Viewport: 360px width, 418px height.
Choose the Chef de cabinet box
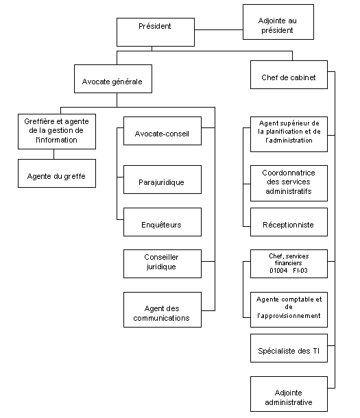289,77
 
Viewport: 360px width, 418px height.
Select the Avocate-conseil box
162,132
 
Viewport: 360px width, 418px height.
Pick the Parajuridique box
162,182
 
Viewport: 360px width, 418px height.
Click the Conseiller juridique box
162,264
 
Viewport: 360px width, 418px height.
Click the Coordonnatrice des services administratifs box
289,183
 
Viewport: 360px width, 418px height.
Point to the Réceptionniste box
289,224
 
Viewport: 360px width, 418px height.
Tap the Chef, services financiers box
289,262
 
